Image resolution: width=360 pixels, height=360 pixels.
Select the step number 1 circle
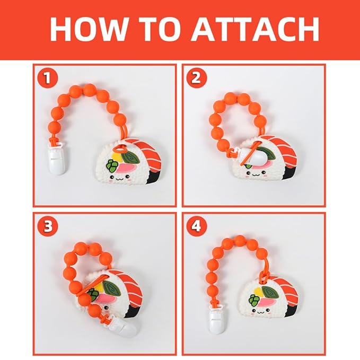[x=48, y=78]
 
